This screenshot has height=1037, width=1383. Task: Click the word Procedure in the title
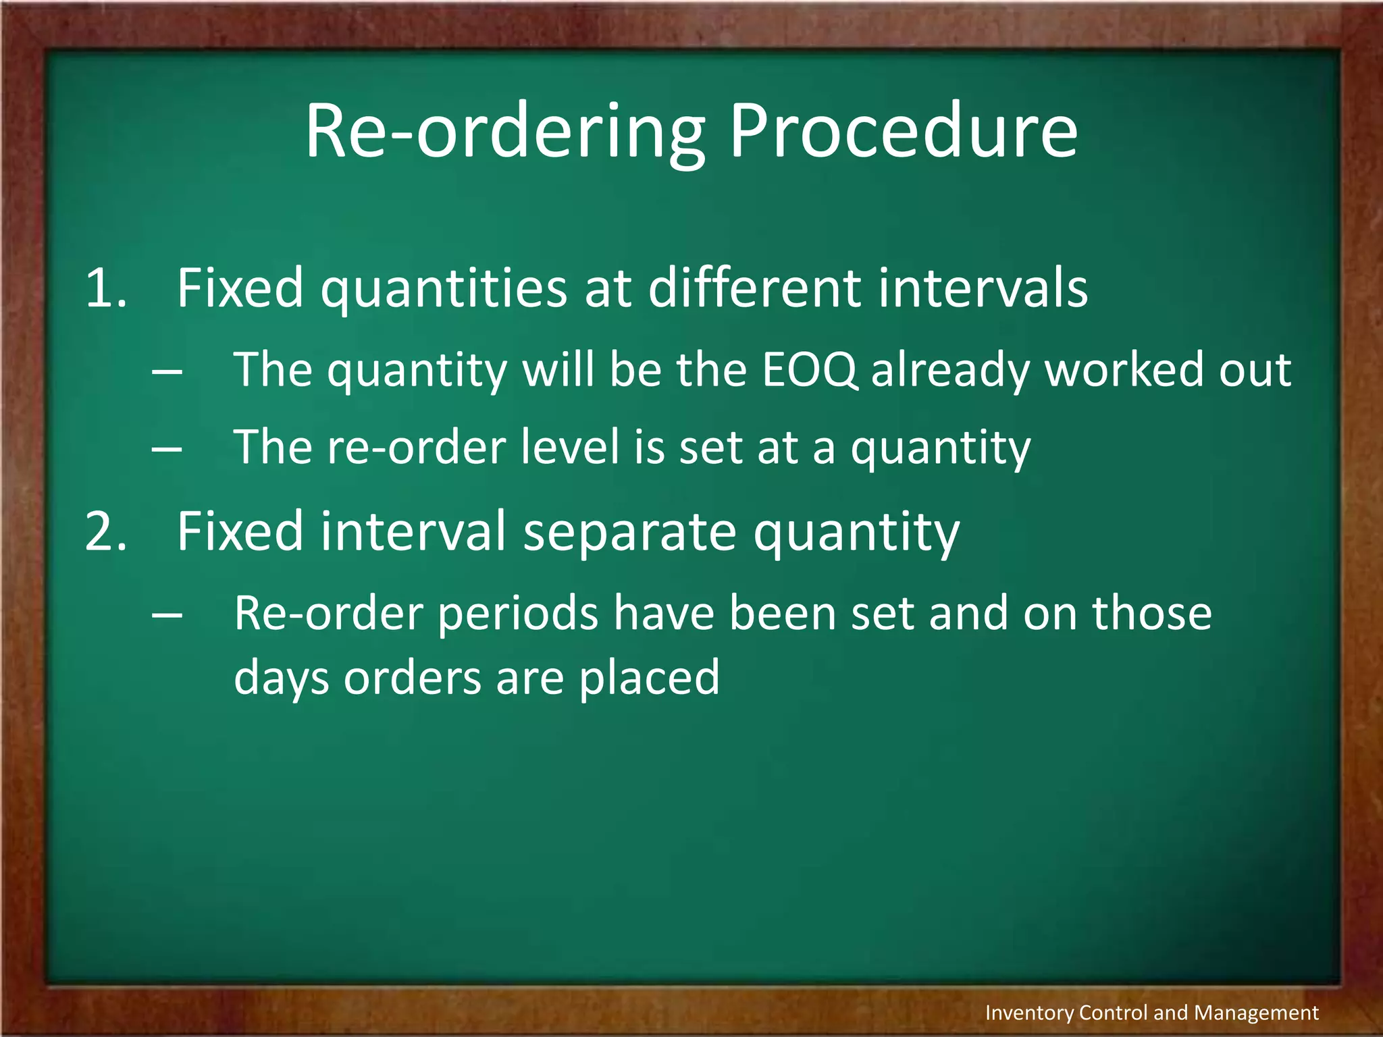point(903,132)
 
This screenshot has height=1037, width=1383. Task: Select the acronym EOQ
point(809,370)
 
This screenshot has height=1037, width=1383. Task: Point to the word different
point(754,288)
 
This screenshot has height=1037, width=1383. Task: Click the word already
point(950,371)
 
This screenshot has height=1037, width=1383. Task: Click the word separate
point(629,533)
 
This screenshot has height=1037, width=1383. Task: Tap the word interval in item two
point(413,531)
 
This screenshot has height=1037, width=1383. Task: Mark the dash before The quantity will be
point(167,371)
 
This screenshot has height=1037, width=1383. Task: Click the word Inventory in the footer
point(1028,1013)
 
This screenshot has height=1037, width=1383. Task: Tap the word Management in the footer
point(1256,1013)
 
